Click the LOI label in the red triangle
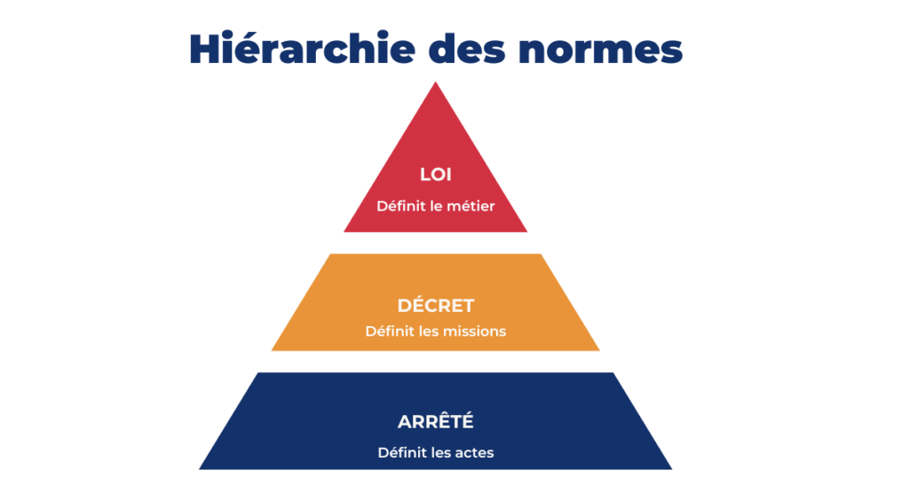[435, 175]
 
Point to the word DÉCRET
[435, 306]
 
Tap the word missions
[476, 331]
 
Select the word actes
[475, 453]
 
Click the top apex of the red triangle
[435, 84]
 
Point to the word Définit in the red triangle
[398, 206]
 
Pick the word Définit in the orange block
[387, 331]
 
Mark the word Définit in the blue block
[399, 453]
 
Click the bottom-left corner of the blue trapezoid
[201, 467]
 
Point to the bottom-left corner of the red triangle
[345, 231]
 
